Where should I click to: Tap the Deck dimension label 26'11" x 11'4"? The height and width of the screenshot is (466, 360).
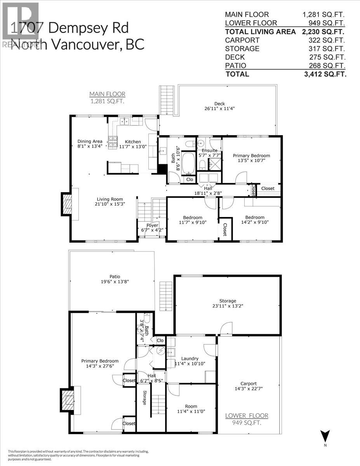(x=219, y=110)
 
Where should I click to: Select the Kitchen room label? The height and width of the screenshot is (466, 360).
(x=132, y=142)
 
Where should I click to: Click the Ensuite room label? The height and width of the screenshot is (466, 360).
(x=209, y=150)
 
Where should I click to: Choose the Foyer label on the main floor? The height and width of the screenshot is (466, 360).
(x=152, y=225)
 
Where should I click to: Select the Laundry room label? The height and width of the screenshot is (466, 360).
(x=190, y=358)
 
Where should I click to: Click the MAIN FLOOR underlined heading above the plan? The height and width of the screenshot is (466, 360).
(x=108, y=94)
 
